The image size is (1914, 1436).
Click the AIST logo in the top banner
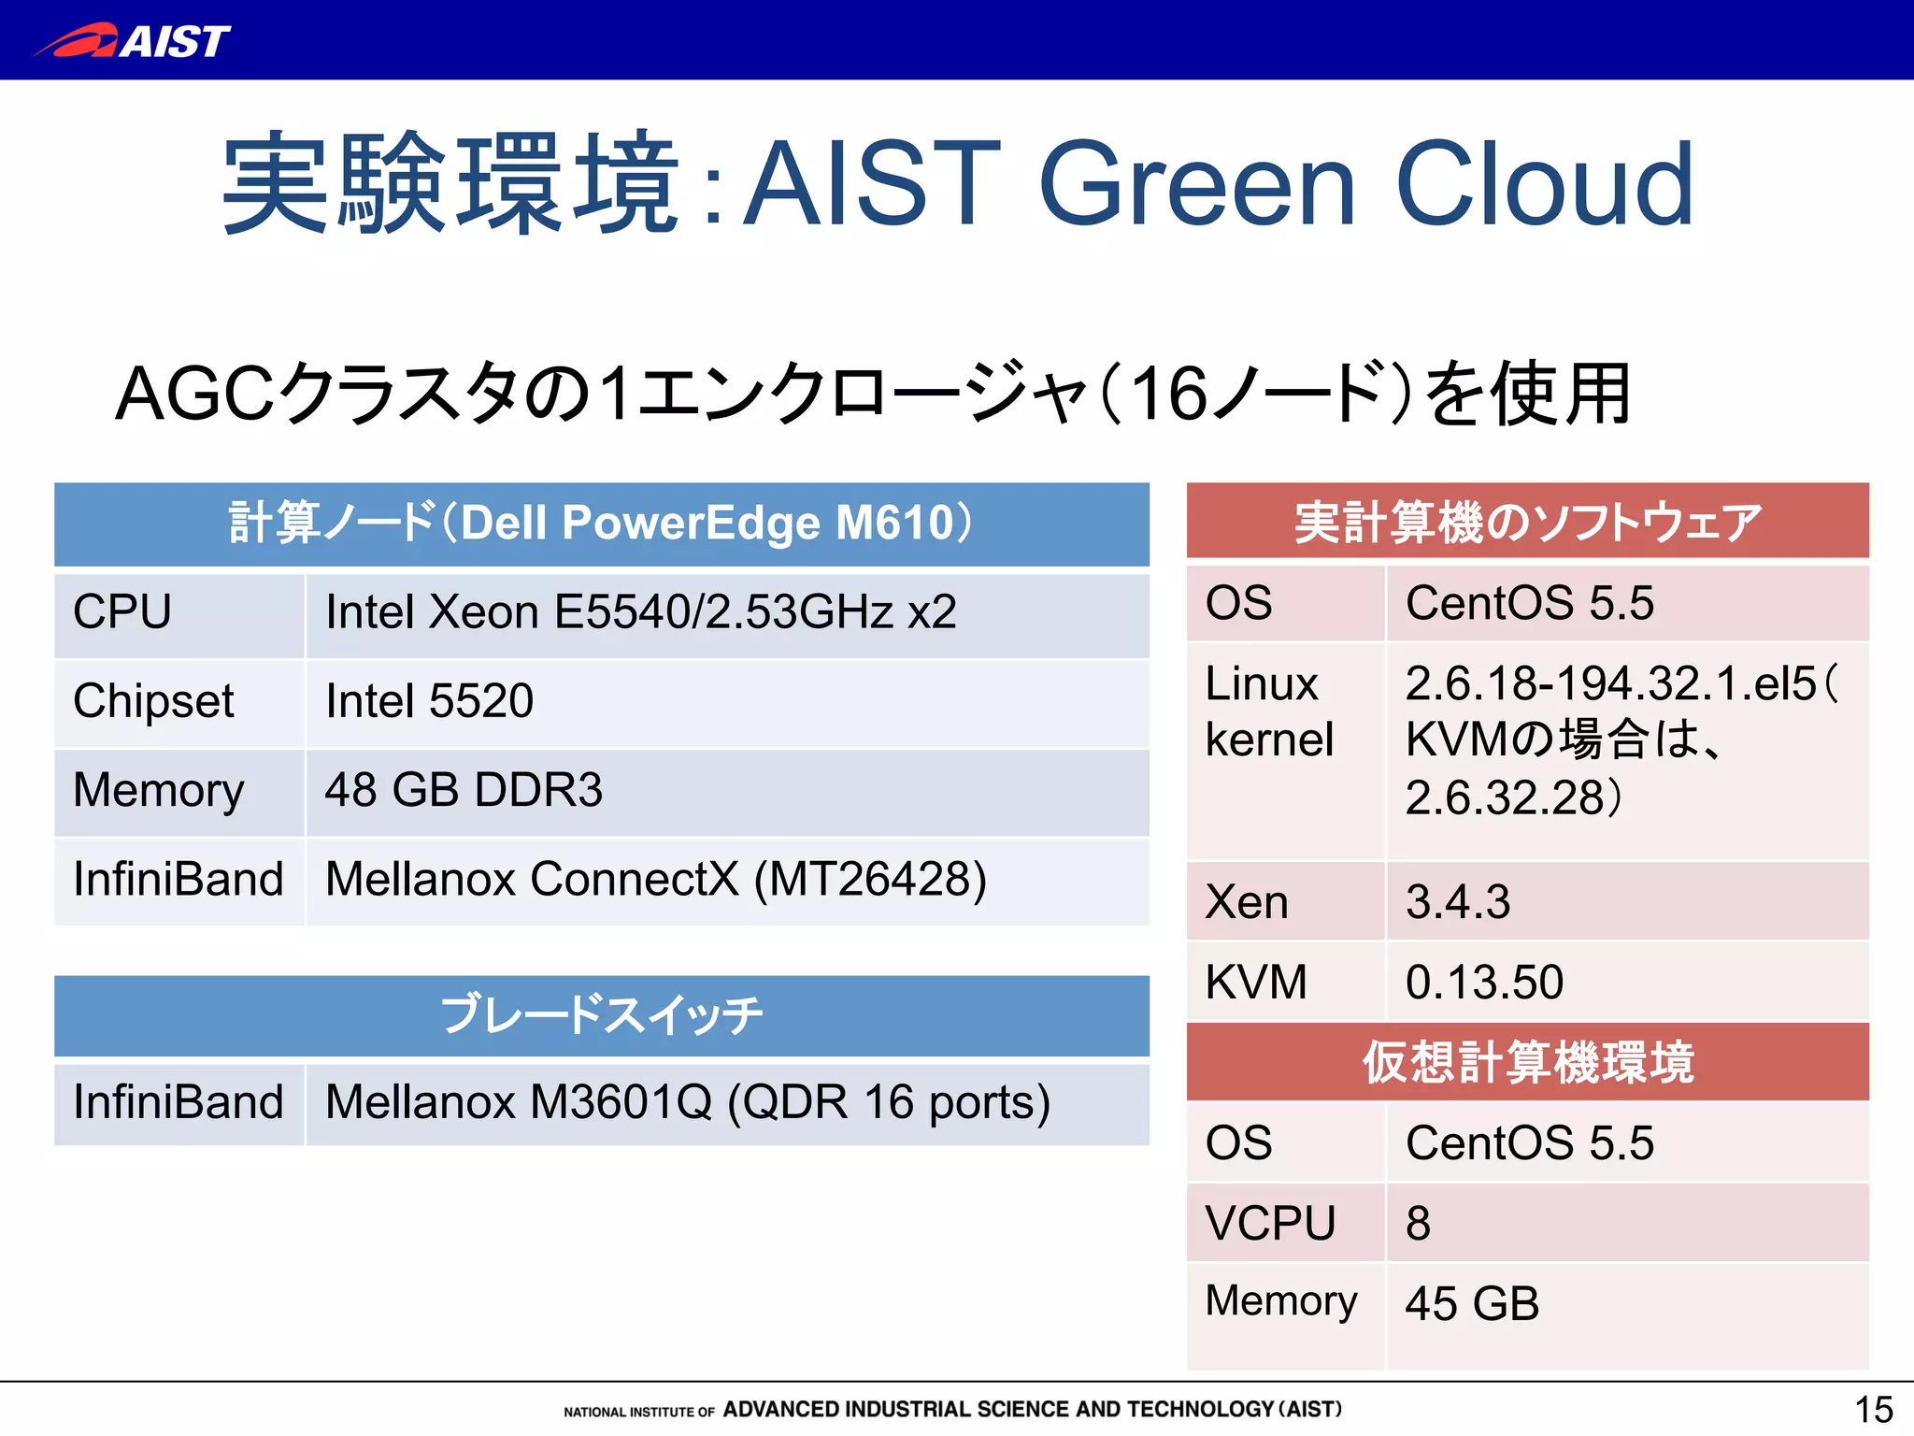click(x=133, y=41)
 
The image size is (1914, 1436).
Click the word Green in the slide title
click(x=1196, y=184)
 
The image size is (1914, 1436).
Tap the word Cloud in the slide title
click(x=1544, y=184)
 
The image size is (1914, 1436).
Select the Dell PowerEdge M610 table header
click(x=602, y=523)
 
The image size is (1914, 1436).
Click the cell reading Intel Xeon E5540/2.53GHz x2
click(x=640, y=612)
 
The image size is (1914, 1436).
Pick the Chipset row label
click(x=154, y=701)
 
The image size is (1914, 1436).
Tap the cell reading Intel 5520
click(x=429, y=701)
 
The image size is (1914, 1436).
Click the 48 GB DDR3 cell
click(x=464, y=790)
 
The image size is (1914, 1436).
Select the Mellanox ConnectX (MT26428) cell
click(x=655, y=880)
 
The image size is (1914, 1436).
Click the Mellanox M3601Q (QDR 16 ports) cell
click(x=687, y=1102)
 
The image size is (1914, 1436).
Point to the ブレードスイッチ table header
click(x=602, y=1015)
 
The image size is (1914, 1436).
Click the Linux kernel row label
click(x=1268, y=711)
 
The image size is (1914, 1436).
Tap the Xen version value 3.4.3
click(x=1457, y=902)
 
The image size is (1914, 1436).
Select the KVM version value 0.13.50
click(x=1483, y=983)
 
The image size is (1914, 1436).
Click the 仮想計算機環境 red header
click(x=1527, y=1062)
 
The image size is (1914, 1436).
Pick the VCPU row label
click(x=1269, y=1223)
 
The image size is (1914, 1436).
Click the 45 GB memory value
click(x=1472, y=1304)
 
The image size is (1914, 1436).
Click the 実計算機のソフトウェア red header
click(x=1527, y=523)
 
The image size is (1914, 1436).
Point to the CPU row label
click(x=122, y=612)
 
